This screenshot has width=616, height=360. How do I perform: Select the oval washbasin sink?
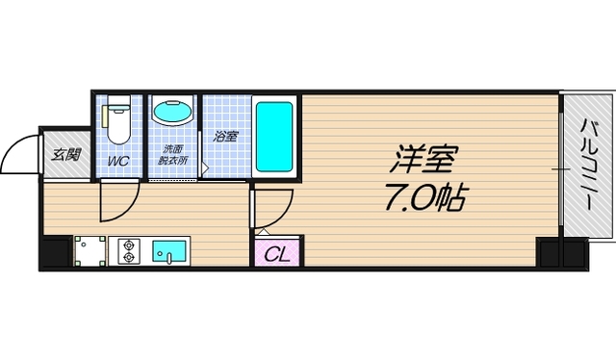click(x=172, y=113)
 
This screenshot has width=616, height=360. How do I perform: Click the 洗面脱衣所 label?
click(x=172, y=154)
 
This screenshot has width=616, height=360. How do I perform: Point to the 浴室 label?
click(x=226, y=137)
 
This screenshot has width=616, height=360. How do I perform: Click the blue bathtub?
click(x=274, y=136)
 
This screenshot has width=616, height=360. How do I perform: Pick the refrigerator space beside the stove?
click(x=89, y=252)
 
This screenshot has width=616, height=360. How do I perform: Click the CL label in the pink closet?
click(x=277, y=255)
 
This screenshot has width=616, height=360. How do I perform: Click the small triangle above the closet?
click(x=262, y=232)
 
